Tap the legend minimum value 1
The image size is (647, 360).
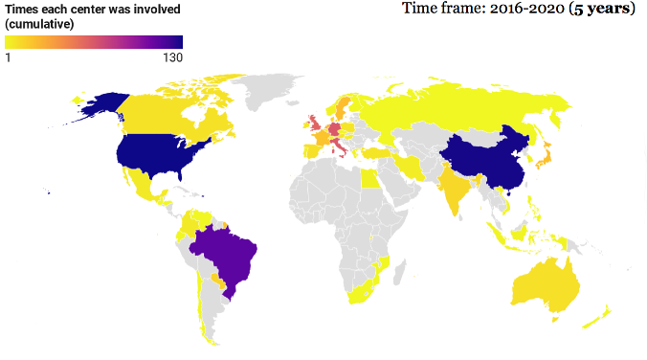click(x=8, y=57)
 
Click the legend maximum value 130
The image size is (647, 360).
click(x=172, y=57)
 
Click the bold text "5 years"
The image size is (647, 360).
click(x=599, y=10)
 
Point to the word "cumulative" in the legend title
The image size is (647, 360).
click(x=39, y=23)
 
